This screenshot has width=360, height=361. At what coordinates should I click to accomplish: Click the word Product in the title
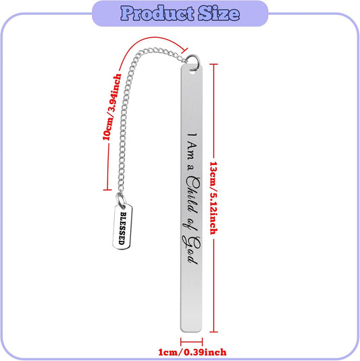point(157,14)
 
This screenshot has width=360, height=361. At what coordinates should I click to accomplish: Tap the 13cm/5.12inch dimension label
point(213,198)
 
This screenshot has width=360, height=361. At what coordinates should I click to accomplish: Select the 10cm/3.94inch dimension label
point(112,107)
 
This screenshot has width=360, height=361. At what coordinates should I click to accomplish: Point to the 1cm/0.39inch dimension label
point(192,352)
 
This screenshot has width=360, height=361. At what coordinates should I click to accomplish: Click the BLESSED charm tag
point(123,226)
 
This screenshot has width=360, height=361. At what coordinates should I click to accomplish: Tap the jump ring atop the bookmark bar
point(193,62)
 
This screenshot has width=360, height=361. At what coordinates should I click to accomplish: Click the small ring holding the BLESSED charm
point(120,200)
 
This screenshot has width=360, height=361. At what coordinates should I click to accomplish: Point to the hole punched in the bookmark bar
point(192,72)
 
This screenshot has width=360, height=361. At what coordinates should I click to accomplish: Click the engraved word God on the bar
point(191,250)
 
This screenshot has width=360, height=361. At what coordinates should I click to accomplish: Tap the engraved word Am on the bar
point(192,151)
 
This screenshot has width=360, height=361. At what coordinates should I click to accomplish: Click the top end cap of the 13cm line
point(213,64)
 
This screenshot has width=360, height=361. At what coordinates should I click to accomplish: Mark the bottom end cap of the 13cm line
point(213,332)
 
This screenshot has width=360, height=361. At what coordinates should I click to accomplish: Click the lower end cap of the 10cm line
point(107,190)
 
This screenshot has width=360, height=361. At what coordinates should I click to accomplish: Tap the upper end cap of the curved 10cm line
point(185,51)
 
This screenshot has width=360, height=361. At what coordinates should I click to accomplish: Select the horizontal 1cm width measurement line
point(192,341)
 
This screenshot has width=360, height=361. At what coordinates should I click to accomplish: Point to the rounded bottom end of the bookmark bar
point(191,330)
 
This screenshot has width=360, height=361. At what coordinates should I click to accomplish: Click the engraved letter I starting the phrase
point(192,134)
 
